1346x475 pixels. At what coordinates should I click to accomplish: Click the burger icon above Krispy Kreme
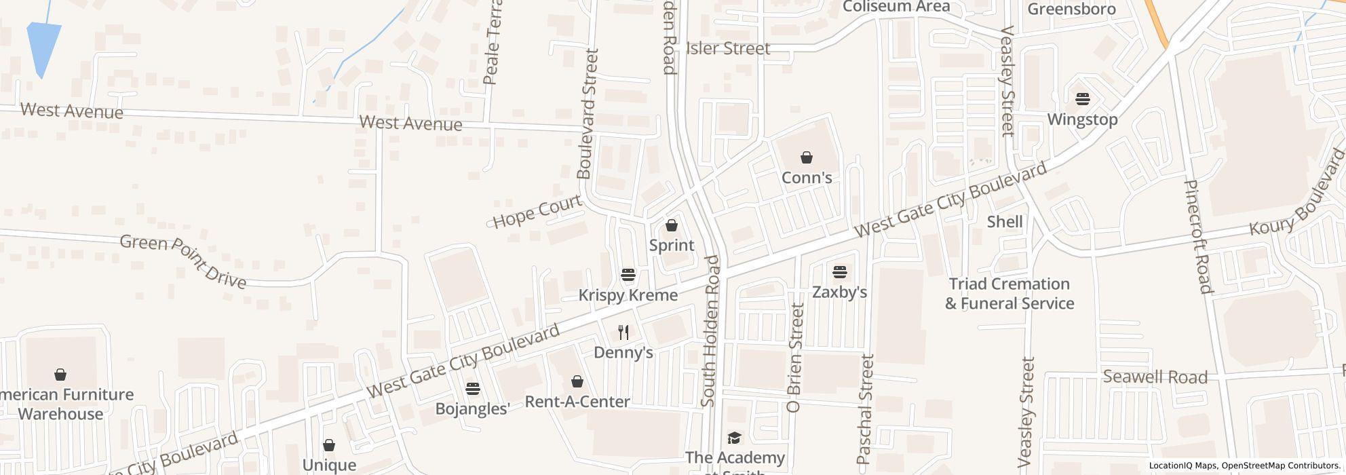tap(628, 275)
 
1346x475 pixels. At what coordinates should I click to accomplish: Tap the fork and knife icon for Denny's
tap(623, 332)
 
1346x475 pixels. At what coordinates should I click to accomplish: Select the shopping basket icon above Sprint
tap(672, 225)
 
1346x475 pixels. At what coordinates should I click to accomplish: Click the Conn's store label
tap(807, 178)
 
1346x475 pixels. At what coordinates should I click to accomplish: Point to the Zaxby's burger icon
tap(840, 273)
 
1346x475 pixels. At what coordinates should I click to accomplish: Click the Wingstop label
tap(1082, 119)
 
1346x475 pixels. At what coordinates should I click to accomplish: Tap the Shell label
tap(1005, 222)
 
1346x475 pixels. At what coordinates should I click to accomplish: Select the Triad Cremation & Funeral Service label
tap(1009, 293)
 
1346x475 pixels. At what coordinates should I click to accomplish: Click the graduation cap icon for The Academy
tap(734, 438)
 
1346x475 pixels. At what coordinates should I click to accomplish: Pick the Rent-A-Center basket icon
tap(577, 382)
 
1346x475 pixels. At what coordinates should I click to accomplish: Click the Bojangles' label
tap(472, 408)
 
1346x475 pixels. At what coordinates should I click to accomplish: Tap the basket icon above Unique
tap(329, 446)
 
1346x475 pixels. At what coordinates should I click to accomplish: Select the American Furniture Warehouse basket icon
tap(60, 375)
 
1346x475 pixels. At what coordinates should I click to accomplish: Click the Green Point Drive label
tap(183, 261)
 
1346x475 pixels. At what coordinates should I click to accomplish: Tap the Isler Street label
tap(728, 48)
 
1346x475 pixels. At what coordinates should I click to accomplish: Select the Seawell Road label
tap(1155, 377)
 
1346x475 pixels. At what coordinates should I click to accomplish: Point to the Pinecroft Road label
tap(1197, 236)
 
